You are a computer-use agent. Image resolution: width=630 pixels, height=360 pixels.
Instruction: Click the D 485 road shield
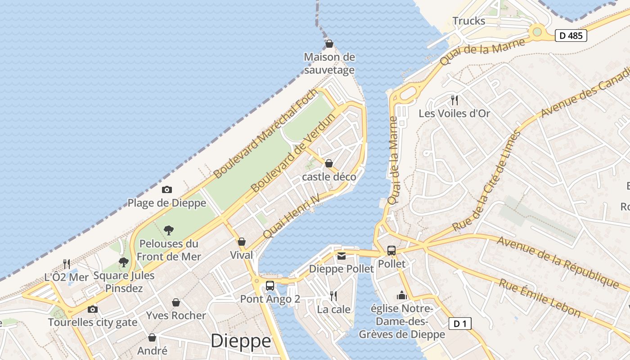pos(571,36)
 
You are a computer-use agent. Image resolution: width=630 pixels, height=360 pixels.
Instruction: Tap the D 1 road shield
pos(459,323)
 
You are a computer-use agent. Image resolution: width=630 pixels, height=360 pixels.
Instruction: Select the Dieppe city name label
pos(241,341)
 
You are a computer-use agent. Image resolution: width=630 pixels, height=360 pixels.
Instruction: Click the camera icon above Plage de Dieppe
pos(167,190)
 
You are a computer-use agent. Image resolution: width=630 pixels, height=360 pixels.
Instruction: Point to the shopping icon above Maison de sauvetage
pos(329,44)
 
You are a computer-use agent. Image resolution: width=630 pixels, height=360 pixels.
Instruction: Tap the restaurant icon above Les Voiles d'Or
pos(454,100)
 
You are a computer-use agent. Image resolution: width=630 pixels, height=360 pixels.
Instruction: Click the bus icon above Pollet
pos(391,251)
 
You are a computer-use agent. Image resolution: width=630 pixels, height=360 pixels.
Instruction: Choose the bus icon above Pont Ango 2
pos(270,285)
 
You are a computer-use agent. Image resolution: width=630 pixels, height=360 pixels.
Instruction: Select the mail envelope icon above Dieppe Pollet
pos(342,256)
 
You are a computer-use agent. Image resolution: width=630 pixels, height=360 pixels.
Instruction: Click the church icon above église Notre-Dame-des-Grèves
pos(401,295)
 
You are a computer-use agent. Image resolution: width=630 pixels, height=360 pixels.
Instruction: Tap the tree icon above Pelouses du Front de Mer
pos(169,230)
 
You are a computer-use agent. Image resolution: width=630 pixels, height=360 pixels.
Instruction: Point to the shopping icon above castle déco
pos(329,163)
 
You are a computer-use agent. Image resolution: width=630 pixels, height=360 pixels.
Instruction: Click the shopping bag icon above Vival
pos(242,242)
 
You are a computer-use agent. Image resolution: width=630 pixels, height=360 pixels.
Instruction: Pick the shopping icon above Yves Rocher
pos(176,302)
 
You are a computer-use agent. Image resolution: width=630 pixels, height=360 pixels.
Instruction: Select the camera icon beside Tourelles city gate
pos(93,309)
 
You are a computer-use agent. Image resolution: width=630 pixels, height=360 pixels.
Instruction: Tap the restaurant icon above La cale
pos(333,296)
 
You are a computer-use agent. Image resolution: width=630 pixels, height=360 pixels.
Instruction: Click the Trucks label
pos(468,21)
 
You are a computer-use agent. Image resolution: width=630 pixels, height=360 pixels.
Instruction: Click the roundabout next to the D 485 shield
pos(536,31)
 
